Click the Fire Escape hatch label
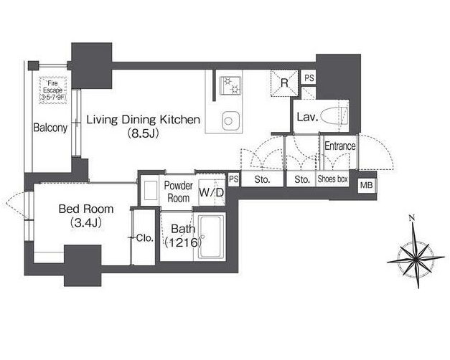[53, 90]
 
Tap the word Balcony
[50, 128]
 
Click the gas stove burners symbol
[230, 85]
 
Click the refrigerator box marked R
[284, 83]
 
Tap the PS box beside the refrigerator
[309, 77]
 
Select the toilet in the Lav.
[334, 116]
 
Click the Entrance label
[339, 146]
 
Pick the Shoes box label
[332, 179]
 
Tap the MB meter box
[366, 185]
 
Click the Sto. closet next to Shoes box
[302, 179]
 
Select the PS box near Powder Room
[233, 179]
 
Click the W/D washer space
[212, 192]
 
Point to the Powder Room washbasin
[151, 190]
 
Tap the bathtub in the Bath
[212, 237]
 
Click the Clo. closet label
[145, 238]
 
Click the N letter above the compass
[412, 218]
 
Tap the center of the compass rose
[416, 260]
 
